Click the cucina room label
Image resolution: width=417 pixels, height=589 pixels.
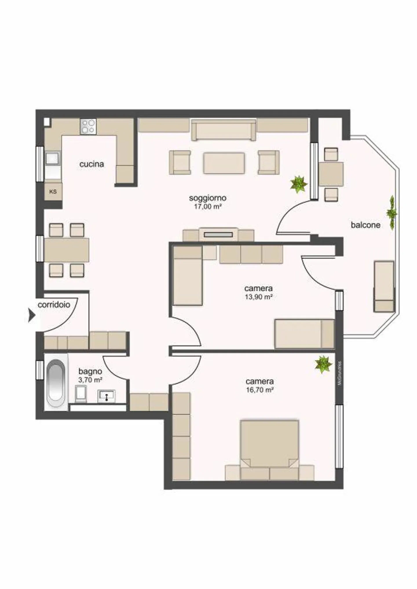tap(92, 164)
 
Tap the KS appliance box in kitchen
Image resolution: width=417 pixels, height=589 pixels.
tap(53, 192)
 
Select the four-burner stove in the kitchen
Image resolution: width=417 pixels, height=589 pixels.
tap(88, 126)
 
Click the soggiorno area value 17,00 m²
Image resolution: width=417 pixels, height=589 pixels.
tap(208, 207)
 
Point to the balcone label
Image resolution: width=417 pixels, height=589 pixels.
tap(365, 225)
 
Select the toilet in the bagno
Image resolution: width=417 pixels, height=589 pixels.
tap(81, 394)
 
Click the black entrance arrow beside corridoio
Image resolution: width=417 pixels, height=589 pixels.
tap(31, 315)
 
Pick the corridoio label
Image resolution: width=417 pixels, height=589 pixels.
tap(54, 304)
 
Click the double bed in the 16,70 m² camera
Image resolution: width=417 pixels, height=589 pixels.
tap(269, 447)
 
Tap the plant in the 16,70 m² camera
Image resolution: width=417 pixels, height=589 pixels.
tap(323, 364)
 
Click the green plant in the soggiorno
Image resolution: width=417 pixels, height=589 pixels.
tap(299, 184)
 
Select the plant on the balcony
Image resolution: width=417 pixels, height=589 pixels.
tap(392, 213)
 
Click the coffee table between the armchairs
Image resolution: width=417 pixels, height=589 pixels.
tap(224, 163)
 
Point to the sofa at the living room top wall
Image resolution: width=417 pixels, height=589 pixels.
tap(223, 130)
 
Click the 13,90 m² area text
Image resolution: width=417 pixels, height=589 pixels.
tap(259, 297)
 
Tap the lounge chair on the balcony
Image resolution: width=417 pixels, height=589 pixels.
tap(384, 286)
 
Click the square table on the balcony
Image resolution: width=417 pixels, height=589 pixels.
tap(331, 174)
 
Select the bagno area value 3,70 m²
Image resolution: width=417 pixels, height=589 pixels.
tap(90, 380)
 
